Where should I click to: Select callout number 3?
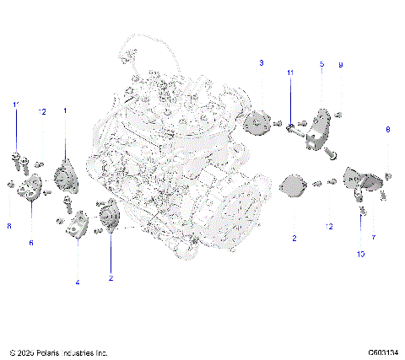tap(262, 63)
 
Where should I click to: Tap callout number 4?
tap(77, 282)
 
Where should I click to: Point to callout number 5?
tap(321, 64)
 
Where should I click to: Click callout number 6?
tap(32, 243)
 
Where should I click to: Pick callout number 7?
tap(374, 239)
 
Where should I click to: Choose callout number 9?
tap(340, 64)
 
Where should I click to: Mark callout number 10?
tap(359, 254)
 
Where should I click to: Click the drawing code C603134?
tap(382, 352)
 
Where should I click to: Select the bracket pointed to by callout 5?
tap(318, 129)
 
